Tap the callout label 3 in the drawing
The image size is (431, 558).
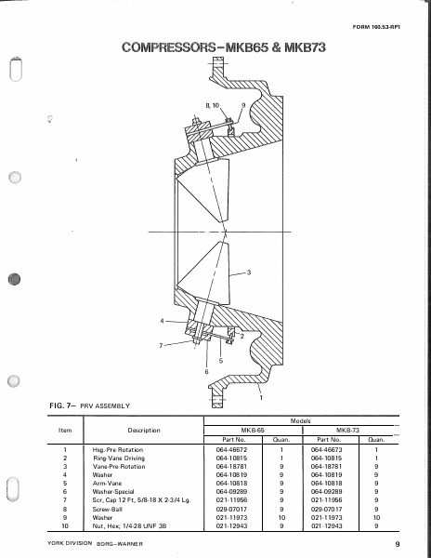(249, 273)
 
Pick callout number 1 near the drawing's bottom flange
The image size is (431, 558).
(260, 397)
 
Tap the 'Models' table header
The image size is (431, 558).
(300, 420)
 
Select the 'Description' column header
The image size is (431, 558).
(144, 431)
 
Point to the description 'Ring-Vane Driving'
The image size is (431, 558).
(119, 458)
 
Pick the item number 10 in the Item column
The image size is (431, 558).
(66, 525)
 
